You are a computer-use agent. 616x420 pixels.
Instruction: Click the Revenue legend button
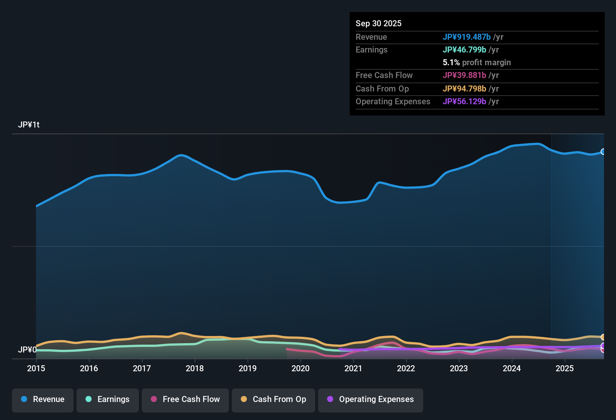43,399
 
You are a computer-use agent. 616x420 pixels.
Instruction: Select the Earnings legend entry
108,399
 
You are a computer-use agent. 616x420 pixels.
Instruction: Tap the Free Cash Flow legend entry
185,399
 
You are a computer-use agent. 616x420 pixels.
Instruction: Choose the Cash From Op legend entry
273,399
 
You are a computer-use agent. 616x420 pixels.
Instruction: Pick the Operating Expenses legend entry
371,399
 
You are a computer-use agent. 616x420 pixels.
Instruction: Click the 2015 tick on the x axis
36,368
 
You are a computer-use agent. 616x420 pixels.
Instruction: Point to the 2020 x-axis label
300,368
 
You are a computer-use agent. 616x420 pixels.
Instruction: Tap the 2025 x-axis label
565,368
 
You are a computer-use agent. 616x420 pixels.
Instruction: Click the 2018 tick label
195,368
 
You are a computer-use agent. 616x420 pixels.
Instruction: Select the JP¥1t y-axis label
29,125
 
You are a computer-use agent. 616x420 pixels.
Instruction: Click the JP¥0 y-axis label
27,350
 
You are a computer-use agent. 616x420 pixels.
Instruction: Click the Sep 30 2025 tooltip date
379,23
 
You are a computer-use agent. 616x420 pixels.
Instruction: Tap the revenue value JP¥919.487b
467,37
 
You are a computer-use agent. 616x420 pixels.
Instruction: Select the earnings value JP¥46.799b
464,49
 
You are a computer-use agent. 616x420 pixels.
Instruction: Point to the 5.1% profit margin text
477,63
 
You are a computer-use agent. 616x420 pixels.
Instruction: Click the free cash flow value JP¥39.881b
464,75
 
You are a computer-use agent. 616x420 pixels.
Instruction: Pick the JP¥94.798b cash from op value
464,88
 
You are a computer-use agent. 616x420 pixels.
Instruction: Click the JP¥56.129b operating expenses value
464,101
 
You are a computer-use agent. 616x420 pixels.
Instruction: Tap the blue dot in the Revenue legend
24,399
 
